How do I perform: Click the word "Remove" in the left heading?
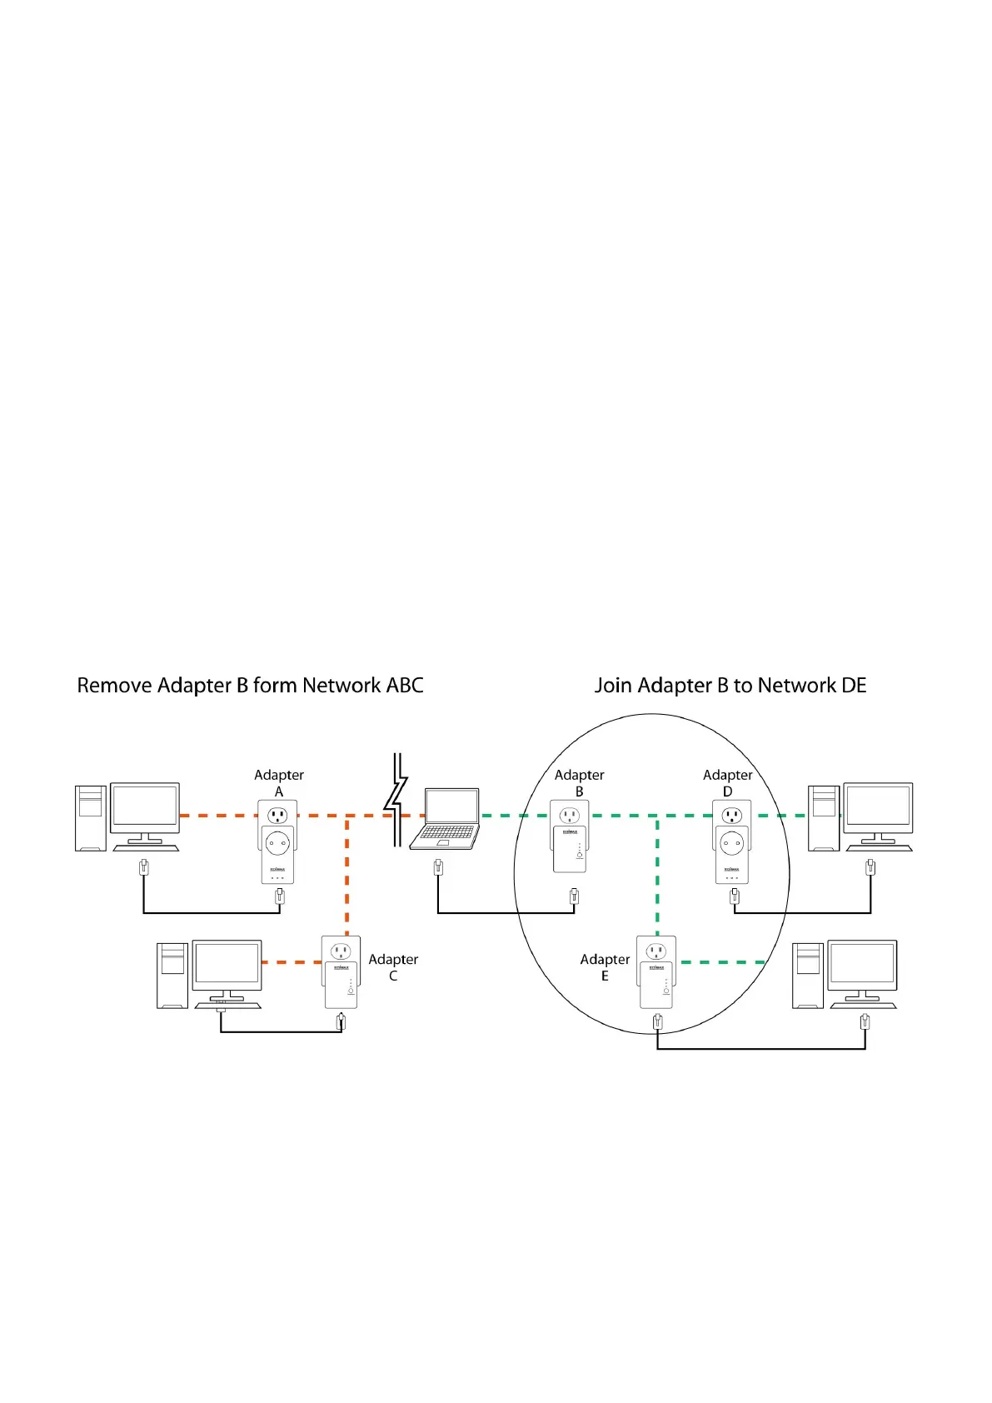click(x=115, y=686)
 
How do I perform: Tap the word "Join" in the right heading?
click(x=613, y=686)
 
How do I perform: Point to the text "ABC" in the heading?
click(x=405, y=686)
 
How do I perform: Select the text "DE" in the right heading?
click(x=854, y=686)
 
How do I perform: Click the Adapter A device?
click(x=277, y=841)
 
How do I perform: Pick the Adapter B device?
click(x=569, y=836)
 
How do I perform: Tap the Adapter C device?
click(x=341, y=972)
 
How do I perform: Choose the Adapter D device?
click(x=731, y=841)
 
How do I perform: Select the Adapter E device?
click(x=656, y=972)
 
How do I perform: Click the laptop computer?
click(x=445, y=819)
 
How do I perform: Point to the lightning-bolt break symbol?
click(x=396, y=800)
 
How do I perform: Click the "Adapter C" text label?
click(x=393, y=967)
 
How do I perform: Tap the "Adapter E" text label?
click(x=605, y=967)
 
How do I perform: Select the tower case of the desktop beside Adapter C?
click(x=172, y=976)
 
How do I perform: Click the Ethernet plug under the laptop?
click(x=438, y=866)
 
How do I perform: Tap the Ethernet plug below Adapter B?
click(x=574, y=896)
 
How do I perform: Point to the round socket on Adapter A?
click(x=277, y=844)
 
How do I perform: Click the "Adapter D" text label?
click(x=728, y=783)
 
